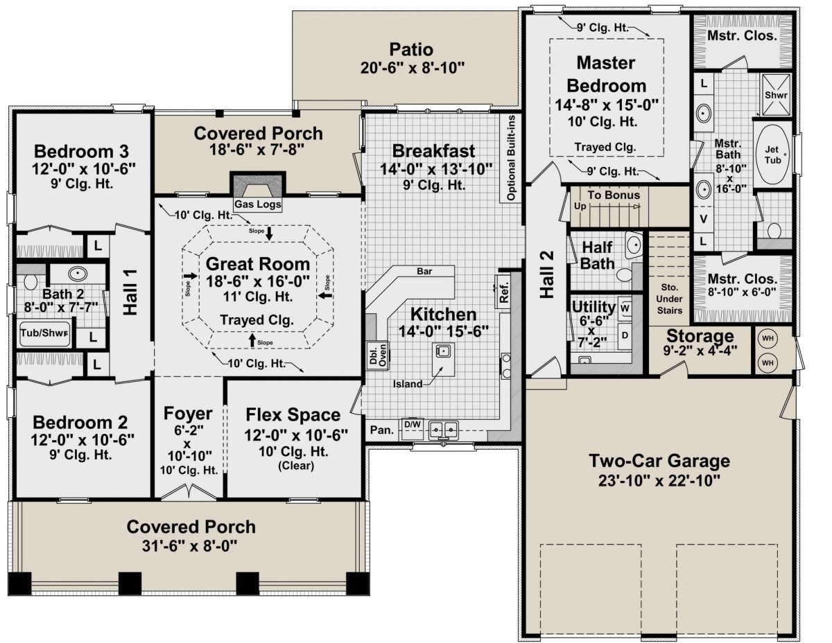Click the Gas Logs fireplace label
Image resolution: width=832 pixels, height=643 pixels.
coord(258,204)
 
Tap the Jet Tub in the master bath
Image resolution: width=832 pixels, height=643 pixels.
coord(772,155)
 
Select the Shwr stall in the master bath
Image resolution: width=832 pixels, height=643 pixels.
coord(776,94)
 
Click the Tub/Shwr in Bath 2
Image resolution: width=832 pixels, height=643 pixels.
coord(44,333)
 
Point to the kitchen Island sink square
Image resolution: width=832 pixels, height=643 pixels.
coord(442,350)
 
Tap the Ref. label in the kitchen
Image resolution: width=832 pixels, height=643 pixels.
coord(504,292)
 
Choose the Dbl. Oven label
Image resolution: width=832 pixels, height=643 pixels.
coord(378,355)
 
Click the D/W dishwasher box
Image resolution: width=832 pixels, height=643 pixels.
coord(413,430)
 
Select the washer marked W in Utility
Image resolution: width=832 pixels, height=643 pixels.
coord(625,308)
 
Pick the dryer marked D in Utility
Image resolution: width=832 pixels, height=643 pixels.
coord(625,335)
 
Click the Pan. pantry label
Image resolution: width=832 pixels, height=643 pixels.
coord(382,430)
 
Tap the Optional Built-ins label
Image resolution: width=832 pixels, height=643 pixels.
coord(511,158)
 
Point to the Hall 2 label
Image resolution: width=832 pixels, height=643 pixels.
coord(547,274)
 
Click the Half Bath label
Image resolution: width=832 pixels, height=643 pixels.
coord(597,256)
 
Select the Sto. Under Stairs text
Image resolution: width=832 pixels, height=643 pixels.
coord(669,299)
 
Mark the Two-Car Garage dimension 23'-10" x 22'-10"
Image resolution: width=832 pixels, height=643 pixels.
coord(659,481)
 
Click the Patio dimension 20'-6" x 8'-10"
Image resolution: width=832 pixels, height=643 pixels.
coord(412,68)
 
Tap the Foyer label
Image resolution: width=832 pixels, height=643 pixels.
coord(188,414)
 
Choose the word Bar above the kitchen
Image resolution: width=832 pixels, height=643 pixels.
coord(424,271)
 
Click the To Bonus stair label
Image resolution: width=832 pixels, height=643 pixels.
coord(614,195)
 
